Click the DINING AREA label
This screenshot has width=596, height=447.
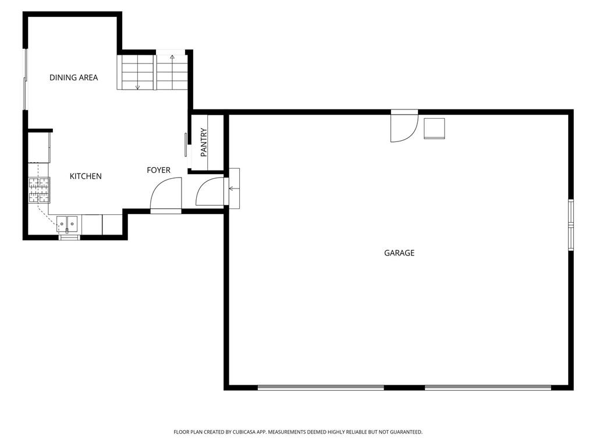click(74, 77)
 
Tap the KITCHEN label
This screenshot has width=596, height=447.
click(86, 176)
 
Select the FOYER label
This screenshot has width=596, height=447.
click(158, 170)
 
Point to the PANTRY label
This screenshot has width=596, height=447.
click(204, 143)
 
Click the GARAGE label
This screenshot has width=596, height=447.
click(399, 253)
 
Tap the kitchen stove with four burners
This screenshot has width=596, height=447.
click(40, 190)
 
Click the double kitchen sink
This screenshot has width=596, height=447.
click(68, 224)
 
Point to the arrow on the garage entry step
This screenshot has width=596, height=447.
click(233, 189)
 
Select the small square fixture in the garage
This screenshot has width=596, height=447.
click(434, 129)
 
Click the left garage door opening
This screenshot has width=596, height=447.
click(321, 388)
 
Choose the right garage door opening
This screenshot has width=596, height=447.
click(488, 388)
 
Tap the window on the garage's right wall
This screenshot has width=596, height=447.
click(570, 225)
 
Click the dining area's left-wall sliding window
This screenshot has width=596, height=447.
click(26, 79)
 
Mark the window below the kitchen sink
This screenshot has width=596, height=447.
click(70, 237)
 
